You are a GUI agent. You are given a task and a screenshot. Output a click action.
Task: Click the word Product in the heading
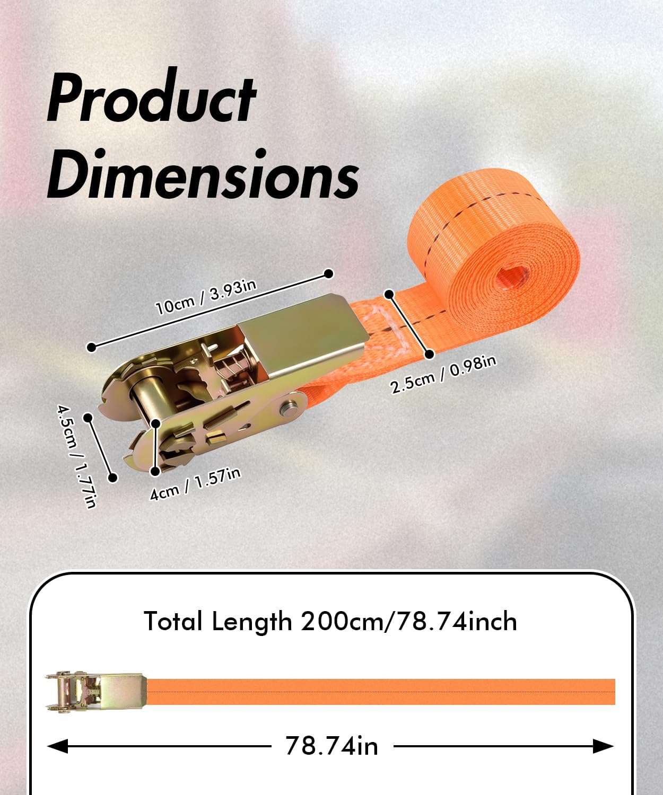151,98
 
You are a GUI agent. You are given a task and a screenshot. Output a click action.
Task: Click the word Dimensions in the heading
203,173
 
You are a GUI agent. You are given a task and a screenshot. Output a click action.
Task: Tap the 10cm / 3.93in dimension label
206,298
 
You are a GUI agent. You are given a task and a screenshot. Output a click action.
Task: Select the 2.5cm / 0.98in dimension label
443,374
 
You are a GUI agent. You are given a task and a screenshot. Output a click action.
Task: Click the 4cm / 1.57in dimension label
195,484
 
